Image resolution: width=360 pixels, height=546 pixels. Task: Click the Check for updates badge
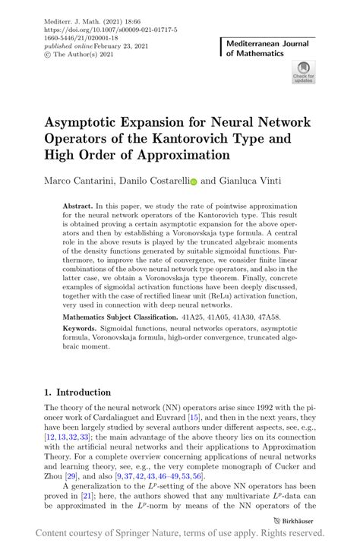click(x=303, y=73)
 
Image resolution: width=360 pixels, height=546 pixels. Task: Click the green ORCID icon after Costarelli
click(x=193, y=182)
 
